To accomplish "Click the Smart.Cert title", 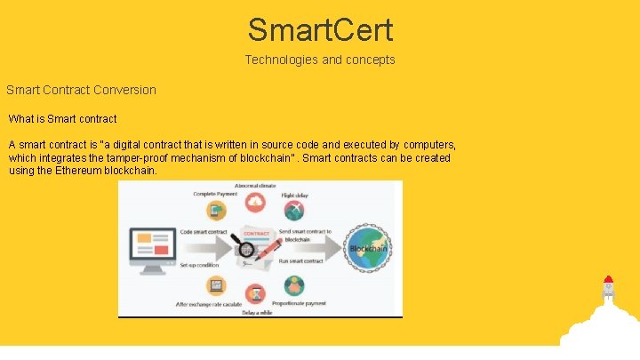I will coord(320,29).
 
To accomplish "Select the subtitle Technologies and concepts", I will coord(320,60).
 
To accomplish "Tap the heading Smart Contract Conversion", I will coord(81,90).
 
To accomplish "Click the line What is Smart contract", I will coord(62,118).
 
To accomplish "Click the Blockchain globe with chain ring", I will coord(367,248).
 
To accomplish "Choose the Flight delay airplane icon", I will coord(294,211).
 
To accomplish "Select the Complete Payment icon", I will coord(216,211).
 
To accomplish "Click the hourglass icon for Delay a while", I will coord(255,292).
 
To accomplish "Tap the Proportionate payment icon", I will coord(294,286).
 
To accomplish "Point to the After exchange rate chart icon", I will coord(216,286).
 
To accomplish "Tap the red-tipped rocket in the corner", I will coord(608,290).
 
